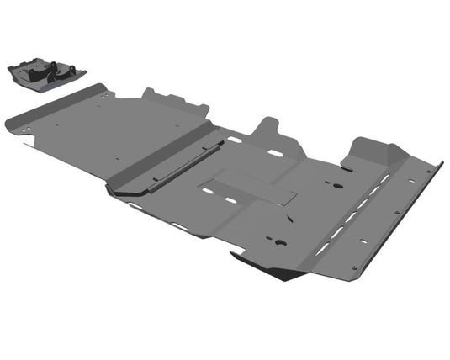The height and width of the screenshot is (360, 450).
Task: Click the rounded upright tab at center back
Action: point(269,130)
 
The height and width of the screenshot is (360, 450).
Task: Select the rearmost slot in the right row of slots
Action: point(383,179)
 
